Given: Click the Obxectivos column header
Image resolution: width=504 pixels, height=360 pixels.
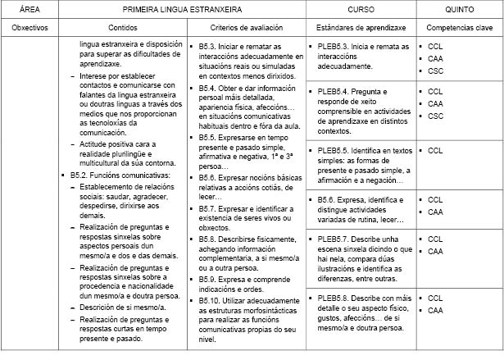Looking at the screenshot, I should coord(30,28).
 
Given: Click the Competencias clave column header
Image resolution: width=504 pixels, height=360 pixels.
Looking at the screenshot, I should coord(459,28).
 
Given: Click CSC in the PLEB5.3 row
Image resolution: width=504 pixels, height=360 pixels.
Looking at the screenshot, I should coord(434,70).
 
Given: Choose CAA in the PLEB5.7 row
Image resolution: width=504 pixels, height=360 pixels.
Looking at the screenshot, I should coord(434,251).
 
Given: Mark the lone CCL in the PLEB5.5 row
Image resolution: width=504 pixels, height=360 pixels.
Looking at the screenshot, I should coord(434,151).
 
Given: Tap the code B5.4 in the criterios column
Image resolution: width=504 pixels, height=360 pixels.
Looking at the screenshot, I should coord(208,88).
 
